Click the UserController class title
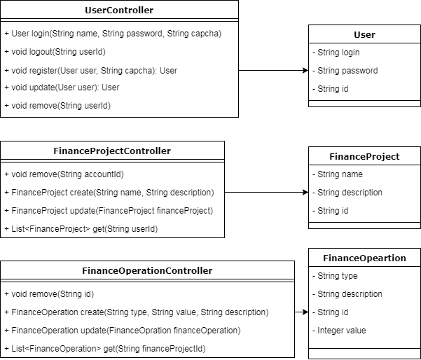click(x=119, y=11)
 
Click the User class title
click(x=364, y=34)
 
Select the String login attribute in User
click(x=339, y=53)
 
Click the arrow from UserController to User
click(x=273, y=70)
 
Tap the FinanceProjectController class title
click(x=112, y=151)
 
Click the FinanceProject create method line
click(x=109, y=193)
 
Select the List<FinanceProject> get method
click(x=81, y=229)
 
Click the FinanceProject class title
click(x=364, y=156)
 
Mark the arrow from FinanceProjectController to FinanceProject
click(x=266, y=192)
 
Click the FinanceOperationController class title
click(x=147, y=270)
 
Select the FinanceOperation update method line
click(x=123, y=331)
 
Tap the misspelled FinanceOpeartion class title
click(x=364, y=258)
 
